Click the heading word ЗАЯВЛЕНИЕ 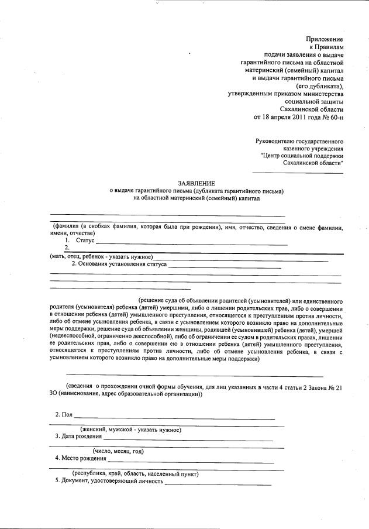tap(196, 183)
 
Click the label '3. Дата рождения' tap(79, 437)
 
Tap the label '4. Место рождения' tap(81, 458)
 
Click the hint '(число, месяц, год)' tap(118, 451)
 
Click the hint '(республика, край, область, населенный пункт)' tap(135, 473)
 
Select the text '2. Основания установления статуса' tap(119, 264)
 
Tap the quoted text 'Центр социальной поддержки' tap(302, 156)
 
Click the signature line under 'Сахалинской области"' tap(297, 172)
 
